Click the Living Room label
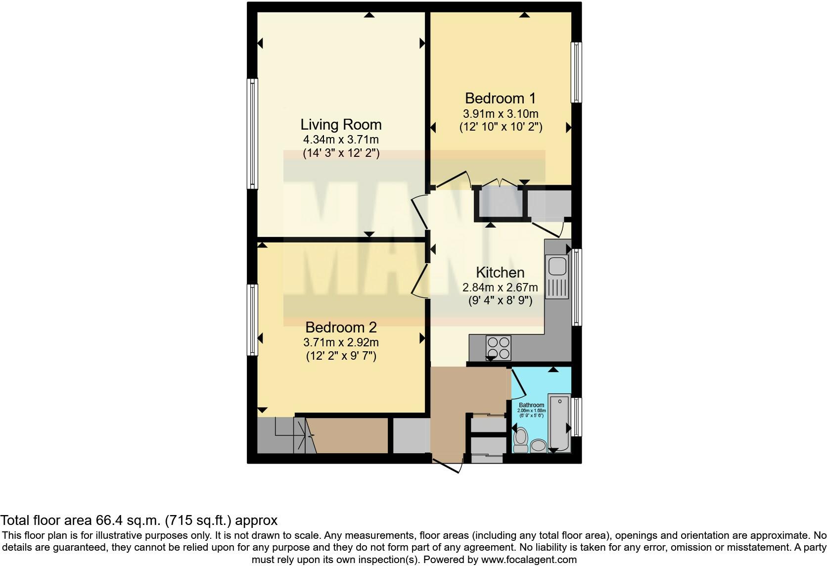pyautogui.click(x=341, y=124)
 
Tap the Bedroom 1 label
pyautogui.click(x=501, y=98)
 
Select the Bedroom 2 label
pyautogui.click(x=341, y=328)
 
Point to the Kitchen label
pyautogui.click(x=500, y=273)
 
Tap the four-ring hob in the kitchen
pyautogui.click(x=499, y=346)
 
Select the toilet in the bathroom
pyautogui.click(x=520, y=439)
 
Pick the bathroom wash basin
pyautogui.click(x=538, y=446)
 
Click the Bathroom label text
pyautogui.click(x=531, y=405)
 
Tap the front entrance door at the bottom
pyautogui.click(x=447, y=465)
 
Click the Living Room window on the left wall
pyautogui.click(x=253, y=134)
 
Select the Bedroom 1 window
pyautogui.click(x=576, y=73)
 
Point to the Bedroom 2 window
pyautogui.click(x=253, y=320)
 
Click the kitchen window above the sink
pyautogui.click(x=577, y=287)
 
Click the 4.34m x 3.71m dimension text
pyautogui.click(x=341, y=140)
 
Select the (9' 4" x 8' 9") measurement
pyautogui.click(x=500, y=300)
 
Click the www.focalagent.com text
pyautogui.click(x=529, y=560)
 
